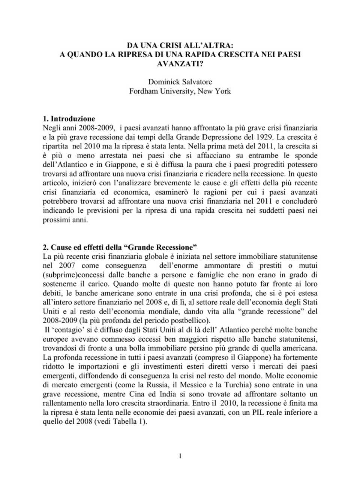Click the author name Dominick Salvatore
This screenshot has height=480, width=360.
[x=180, y=82]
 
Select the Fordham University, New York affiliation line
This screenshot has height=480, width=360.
[x=180, y=91]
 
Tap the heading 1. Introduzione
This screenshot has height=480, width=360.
[x=69, y=119]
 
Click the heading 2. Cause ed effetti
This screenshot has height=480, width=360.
[x=120, y=247]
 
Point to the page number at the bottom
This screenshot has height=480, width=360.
[x=180, y=456]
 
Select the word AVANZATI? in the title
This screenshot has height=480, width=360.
[x=180, y=64]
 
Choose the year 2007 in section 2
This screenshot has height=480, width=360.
[x=67, y=266]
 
